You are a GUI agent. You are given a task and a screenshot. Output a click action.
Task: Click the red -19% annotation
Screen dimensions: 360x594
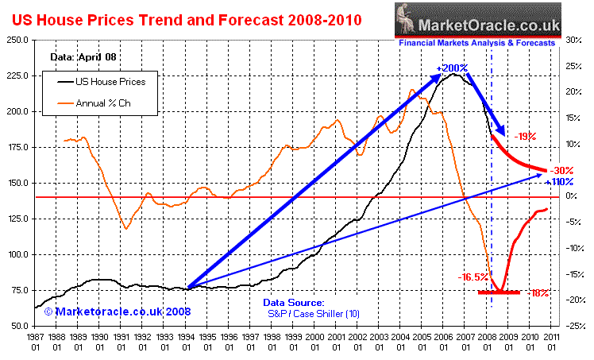(x=524, y=136)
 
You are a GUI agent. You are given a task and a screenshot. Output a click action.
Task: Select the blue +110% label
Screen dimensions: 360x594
(x=563, y=182)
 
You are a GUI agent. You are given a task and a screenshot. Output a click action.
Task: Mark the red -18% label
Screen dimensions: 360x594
(x=539, y=293)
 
